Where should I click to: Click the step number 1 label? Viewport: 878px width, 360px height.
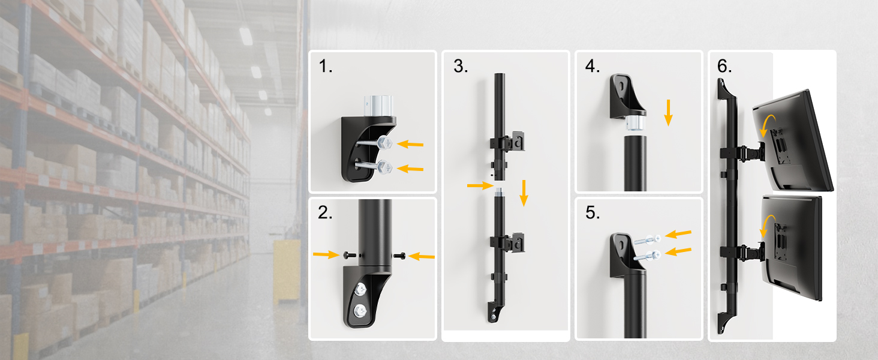(x=325, y=66)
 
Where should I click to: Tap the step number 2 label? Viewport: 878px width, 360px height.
(x=325, y=212)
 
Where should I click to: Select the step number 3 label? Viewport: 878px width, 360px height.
(x=461, y=66)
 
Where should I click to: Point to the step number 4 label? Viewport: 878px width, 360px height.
(x=593, y=66)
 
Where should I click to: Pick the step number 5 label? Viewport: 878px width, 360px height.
(x=593, y=212)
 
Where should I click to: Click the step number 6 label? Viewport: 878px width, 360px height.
(x=724, y=66)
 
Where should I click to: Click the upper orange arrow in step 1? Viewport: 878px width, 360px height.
(x=410, y=145)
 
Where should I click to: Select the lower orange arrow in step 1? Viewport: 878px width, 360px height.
(x=410, y=169)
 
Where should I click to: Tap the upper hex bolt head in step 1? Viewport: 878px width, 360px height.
(x=385, y=142)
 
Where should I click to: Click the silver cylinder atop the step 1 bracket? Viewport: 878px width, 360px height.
(x=378, y=106)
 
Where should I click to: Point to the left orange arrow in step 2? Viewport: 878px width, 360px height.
(x=326, y=255)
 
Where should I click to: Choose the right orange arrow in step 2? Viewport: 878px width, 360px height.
(x=422, y=256)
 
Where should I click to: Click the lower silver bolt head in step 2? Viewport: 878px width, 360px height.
(x=360, y=311)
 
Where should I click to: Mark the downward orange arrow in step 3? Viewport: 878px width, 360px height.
(x=524, y=193)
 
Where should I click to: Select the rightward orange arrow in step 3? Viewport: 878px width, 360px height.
(x=480, y=185)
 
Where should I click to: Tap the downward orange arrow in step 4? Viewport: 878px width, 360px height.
(x=668, y=113)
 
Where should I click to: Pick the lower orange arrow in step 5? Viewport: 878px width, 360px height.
(x=678, y=251)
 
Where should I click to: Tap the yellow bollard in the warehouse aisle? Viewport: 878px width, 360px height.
(x=287, y=271)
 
